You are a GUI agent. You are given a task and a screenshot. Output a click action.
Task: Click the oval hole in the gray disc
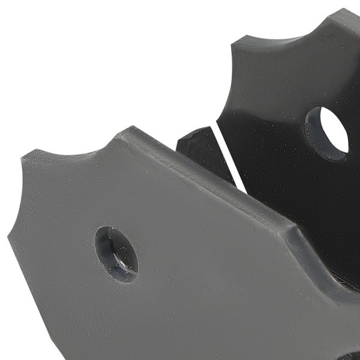(x=116, y=254)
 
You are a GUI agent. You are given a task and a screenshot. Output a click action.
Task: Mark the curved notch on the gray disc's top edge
(x=72, y=150)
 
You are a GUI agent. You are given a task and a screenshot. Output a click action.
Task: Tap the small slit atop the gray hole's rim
(x=109, y=230)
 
